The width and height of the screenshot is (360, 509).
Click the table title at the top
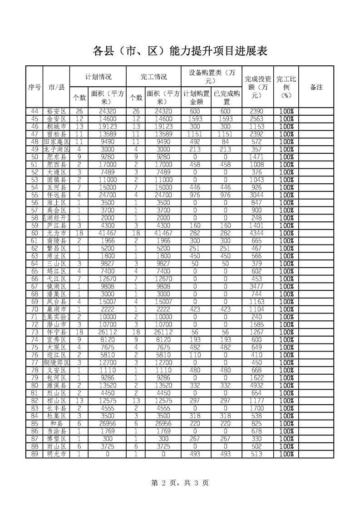point(180,51)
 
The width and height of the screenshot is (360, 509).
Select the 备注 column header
point(316,87)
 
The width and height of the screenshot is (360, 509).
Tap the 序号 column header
point(35,87)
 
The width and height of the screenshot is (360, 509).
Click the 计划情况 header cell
point(98,77)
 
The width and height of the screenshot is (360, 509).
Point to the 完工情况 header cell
point(154,77)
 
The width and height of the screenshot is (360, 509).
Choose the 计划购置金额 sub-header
point(196,98)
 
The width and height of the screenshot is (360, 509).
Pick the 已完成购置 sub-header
point(227,98)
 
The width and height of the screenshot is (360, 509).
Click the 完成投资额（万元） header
point(258,87)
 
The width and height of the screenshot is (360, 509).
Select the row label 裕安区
point(56,111)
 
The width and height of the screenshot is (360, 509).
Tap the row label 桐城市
point(56,127)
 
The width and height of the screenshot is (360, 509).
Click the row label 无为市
point(56,233)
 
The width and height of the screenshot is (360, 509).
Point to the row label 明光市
point(56,454)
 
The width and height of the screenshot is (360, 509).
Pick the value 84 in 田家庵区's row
point(227,142)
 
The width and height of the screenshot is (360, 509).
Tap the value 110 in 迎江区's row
point(196,355)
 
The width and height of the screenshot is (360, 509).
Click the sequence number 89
point(35,454)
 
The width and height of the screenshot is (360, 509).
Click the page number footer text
point(180,483)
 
